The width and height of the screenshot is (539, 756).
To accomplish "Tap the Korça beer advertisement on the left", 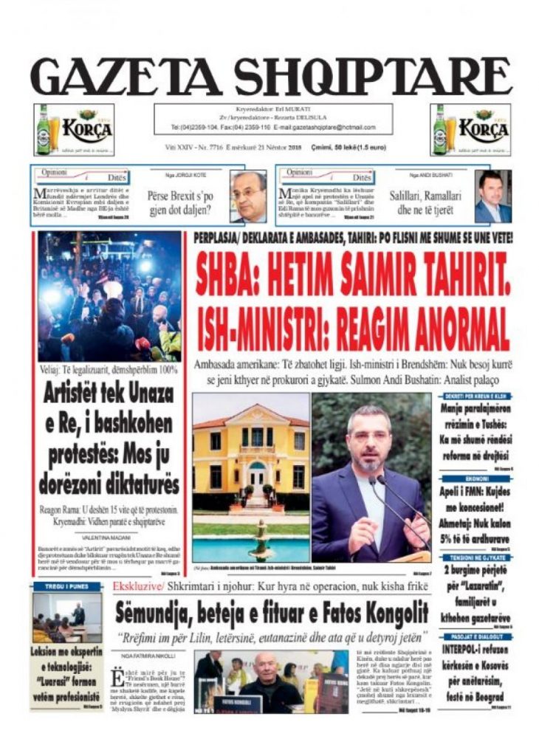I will coord(73,130).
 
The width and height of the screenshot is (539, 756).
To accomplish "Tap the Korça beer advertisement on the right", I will coord(470,130).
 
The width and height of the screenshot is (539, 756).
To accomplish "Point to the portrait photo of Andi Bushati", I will coord(492,196).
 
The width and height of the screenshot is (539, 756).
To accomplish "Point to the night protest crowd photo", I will coord(109,296).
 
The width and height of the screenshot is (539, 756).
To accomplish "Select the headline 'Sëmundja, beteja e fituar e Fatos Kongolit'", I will coord(271,612).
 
